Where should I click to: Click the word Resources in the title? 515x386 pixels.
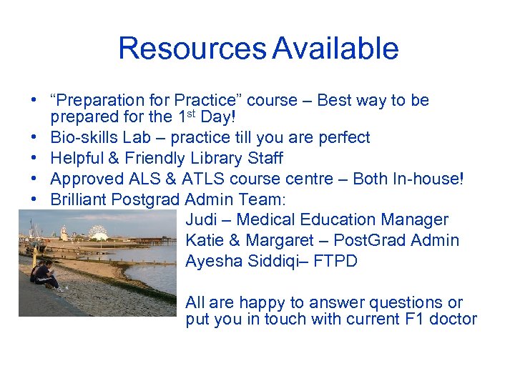pos(192,49)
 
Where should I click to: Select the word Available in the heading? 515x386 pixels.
pos(335,49)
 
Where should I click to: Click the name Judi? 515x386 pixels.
pos(202,220)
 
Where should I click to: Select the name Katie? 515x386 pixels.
pos(205,241)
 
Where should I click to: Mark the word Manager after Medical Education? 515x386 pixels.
pos(415,220)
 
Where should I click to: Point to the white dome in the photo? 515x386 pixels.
pos(98,232)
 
